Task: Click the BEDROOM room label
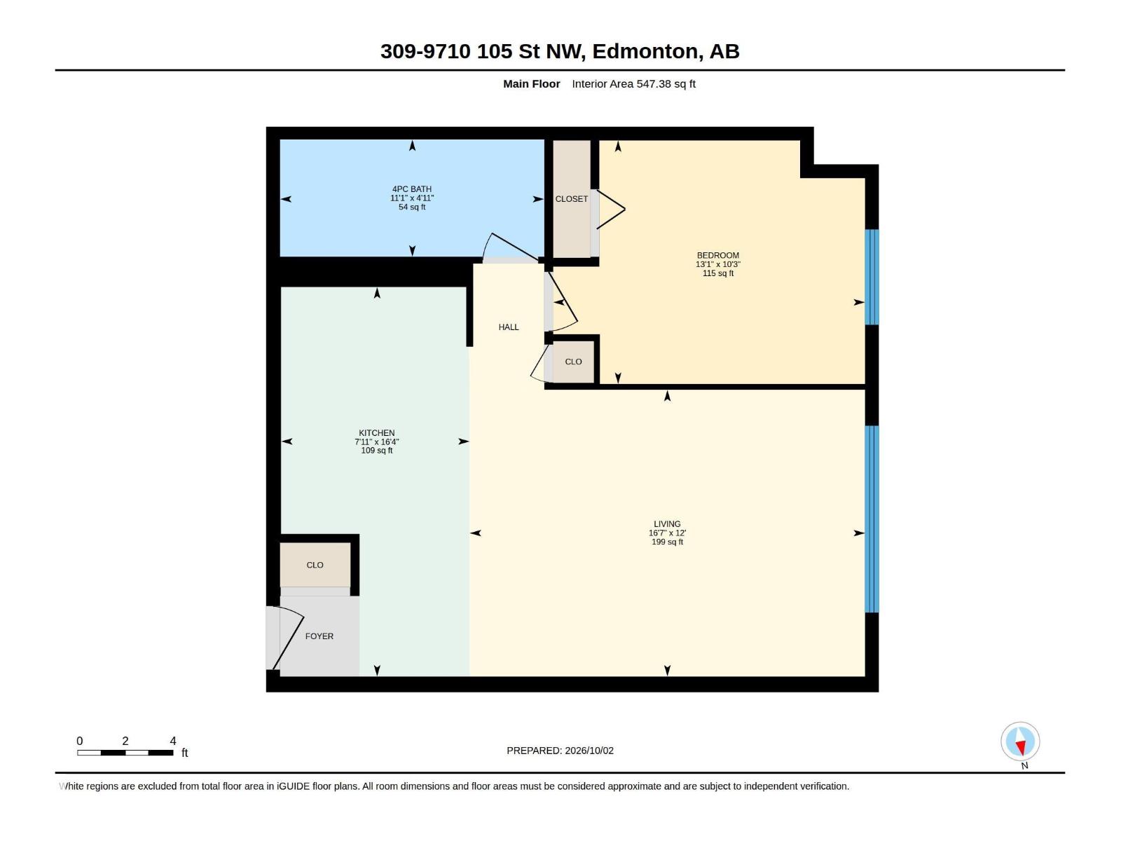click(x=717, y=255)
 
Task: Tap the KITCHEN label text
click(x=376, y=433)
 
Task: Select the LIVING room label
click(x=667, y=524)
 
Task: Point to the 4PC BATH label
click(x=412, y=189)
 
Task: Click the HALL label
click(x=509, y=327)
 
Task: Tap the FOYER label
click(x=319, y=636)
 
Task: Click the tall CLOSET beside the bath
click(x=572, y=199)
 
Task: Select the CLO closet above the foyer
click(x=315, y=565)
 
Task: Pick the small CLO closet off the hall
click(x=574, y=362)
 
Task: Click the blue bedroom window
click(x=872, y=278)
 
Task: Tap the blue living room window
click(x=872, y=519)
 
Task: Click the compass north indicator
click(x=1020, y=742)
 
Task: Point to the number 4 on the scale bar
click(x=173, y=741)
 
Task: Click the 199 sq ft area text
click(x=667, y=542)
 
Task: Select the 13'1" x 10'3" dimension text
click(x=717, y=264)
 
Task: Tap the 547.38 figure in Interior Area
click(x=653, y=84)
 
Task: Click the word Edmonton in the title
click(x=645, y=52)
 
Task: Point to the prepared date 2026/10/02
click(x=589, y=751)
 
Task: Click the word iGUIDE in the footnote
click(x=293, y=786)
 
